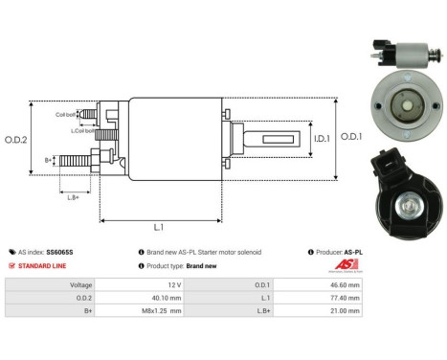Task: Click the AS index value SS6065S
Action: [59, 252]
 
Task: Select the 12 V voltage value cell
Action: [172, 284]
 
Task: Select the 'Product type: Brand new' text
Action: [188, 265]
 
